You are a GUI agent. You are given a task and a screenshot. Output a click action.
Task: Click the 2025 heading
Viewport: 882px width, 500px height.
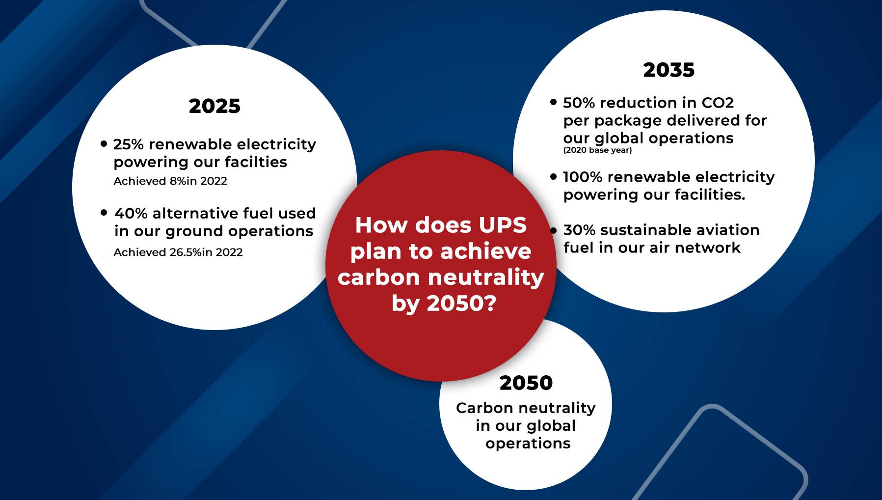click(214, 106)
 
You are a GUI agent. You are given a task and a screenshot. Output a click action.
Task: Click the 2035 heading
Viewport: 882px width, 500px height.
click(669, 70)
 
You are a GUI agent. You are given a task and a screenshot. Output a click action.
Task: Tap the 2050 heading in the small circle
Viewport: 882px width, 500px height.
click(526, 383)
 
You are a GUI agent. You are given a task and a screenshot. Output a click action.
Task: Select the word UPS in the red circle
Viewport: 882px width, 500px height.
click(503, 225)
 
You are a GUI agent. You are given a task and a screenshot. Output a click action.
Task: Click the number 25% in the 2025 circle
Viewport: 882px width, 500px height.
click(129, 144)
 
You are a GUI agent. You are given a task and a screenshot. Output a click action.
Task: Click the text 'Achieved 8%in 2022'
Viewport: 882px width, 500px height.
click(170, 181)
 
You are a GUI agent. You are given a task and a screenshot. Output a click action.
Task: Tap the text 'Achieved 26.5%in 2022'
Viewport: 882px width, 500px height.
click(178, 252)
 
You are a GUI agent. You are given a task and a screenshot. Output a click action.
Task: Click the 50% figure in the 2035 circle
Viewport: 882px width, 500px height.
click(579, 103)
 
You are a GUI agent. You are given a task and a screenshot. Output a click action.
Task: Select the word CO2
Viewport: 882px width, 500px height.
click(718, 103)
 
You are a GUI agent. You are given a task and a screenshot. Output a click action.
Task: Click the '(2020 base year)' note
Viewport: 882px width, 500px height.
click(597, 150)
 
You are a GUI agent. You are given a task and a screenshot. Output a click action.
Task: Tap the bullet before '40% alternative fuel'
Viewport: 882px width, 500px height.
click(104, 213)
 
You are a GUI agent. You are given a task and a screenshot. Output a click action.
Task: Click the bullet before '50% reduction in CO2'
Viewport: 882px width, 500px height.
click(554, 102)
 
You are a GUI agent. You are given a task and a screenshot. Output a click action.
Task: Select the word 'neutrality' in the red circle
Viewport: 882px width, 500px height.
click(486, 278)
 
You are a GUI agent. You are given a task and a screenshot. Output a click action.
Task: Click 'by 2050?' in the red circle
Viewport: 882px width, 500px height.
click(444, 304)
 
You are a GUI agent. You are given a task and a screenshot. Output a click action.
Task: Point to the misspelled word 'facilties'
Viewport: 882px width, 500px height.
click(256, 162)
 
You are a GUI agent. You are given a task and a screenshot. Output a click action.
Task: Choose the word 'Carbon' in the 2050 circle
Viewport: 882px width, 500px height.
click(484, 408)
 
